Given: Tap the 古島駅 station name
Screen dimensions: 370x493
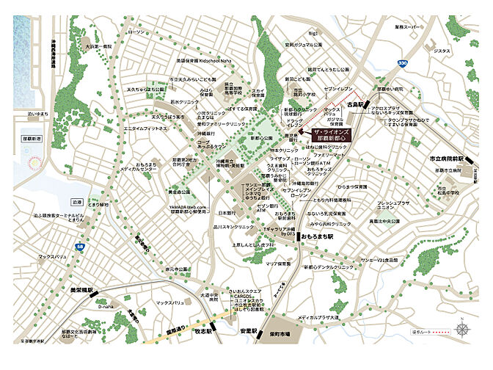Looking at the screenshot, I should pyautogui.click(x=357, y=105).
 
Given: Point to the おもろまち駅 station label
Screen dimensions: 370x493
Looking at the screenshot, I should pyautogui.click(x=318, y=238).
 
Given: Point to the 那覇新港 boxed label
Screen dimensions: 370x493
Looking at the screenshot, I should pyautogui.click(x=34, y=137).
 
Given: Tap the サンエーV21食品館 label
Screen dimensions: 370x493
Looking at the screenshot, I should pyautogui.click(x=379, y=260).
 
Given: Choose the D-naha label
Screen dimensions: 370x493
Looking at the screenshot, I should pyautogui.click(x=105, y=307).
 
